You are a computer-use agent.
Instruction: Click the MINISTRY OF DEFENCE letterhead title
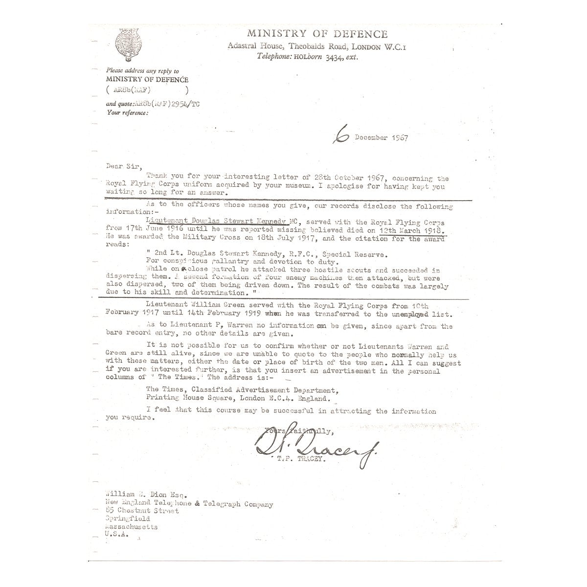click(317, 34)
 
